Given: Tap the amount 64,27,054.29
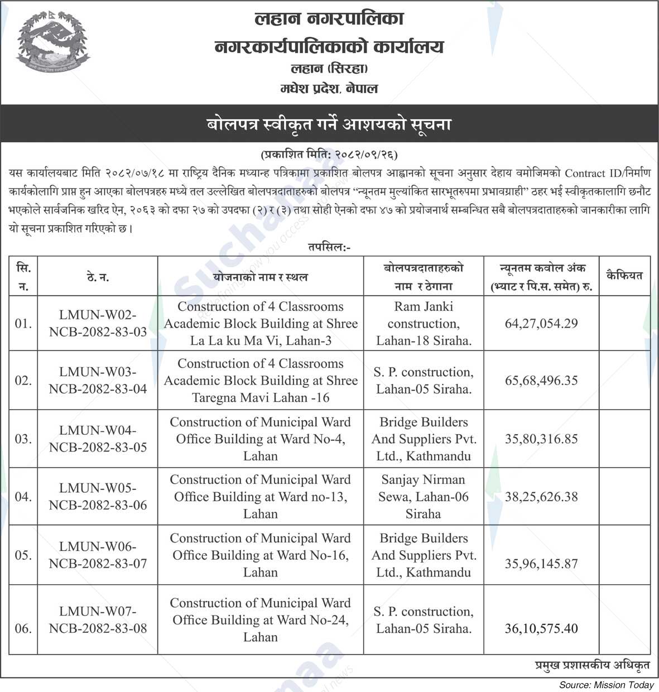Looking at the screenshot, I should point(541,324).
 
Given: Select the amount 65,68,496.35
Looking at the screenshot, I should point(541,381).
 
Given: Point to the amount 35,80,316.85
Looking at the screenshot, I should point(541,439).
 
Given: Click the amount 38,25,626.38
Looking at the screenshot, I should point(541,497).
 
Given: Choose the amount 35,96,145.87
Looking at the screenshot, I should point(541,564).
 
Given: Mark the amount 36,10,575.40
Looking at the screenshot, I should point(541,628).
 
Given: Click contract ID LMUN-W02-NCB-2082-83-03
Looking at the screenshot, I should point(98,324).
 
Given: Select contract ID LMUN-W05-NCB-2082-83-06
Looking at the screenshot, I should point(98,497).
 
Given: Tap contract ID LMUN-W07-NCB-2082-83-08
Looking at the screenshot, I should point(98,620).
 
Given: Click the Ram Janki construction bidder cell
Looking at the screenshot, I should point(424,324).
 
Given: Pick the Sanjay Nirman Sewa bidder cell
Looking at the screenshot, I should point(424,497).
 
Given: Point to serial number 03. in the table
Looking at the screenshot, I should point(23,439).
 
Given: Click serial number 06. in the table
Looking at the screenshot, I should point(23,628).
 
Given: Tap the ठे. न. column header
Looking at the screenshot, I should point(98,277).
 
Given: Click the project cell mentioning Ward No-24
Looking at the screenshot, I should point(261,620).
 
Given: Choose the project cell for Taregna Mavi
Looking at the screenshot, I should point(261,381).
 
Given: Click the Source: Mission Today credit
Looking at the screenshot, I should point(607,685).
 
